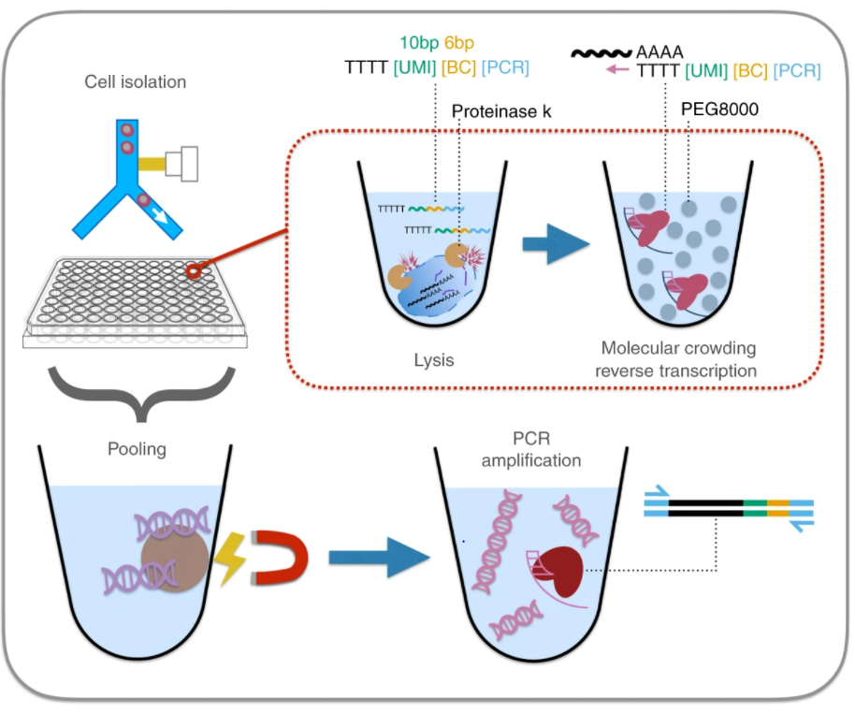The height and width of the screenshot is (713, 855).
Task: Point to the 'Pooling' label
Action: [x=137, y=449]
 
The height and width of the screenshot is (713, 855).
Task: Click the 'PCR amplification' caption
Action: [x=534, y=450]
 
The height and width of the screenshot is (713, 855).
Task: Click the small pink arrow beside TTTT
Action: [x=615, y=69]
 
